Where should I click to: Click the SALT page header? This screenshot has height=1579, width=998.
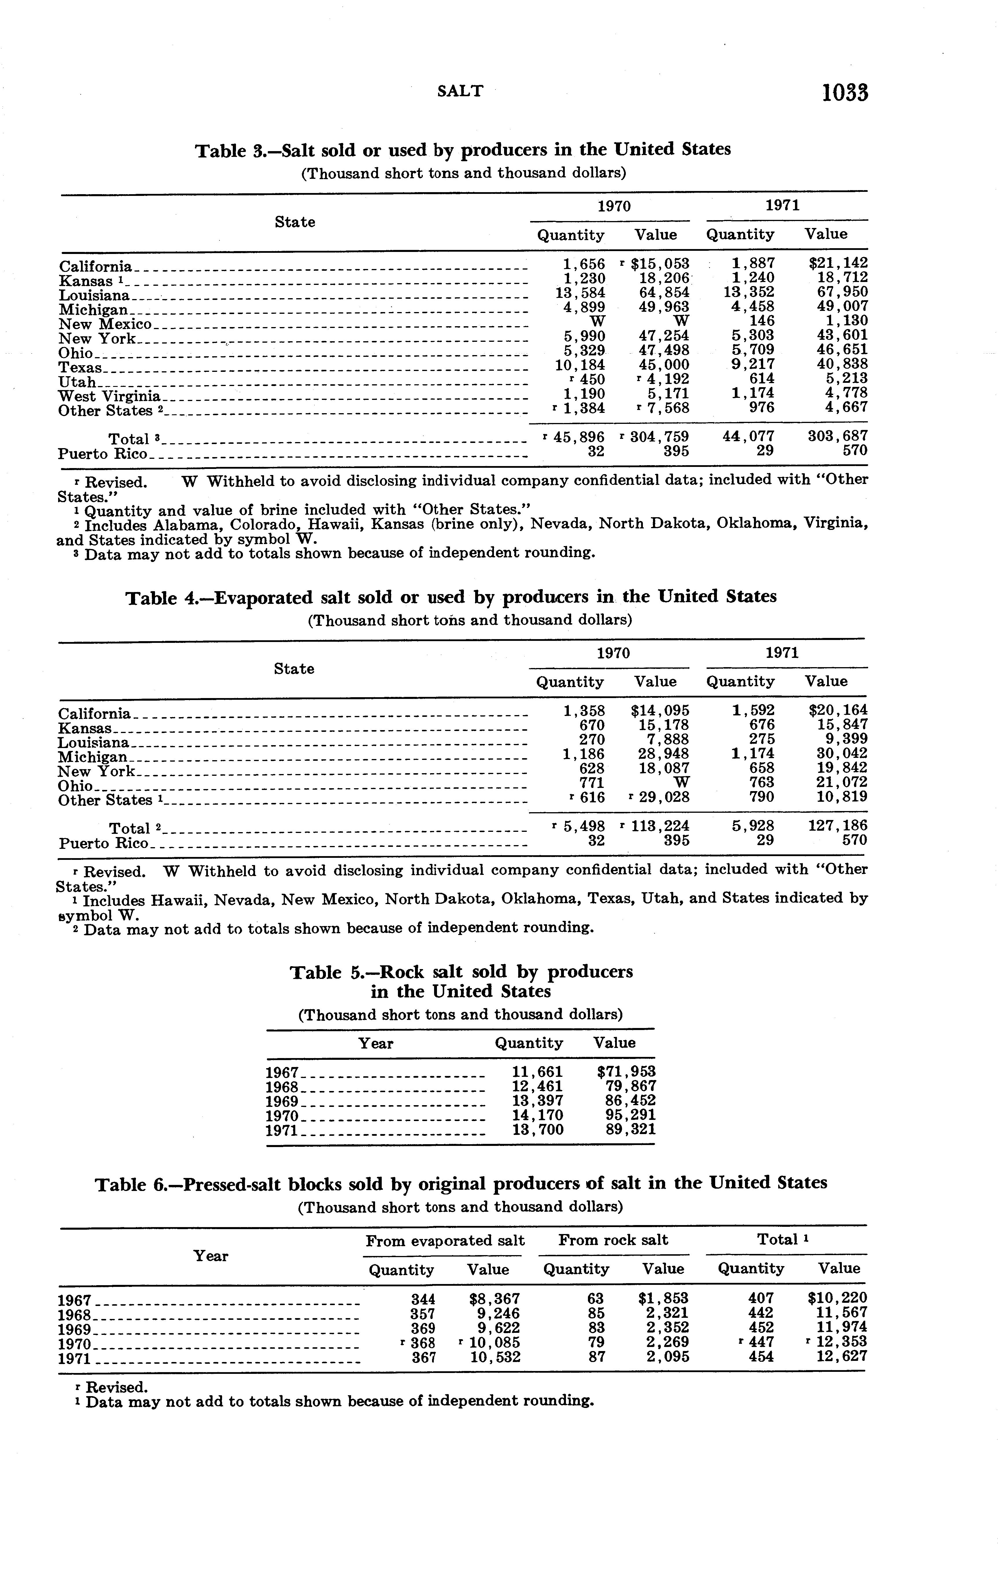point(460,92)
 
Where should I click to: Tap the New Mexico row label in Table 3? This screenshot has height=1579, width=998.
point(105,324)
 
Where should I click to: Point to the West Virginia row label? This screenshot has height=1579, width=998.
point(109,396)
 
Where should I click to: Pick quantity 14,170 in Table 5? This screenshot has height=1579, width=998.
point(537,1115)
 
